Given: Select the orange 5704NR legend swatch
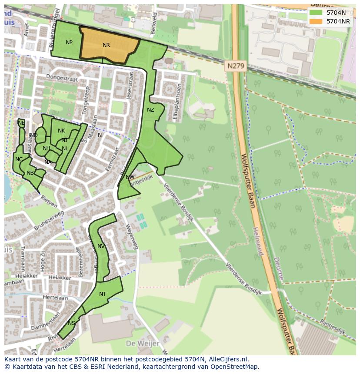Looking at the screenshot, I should (x=316, y=21).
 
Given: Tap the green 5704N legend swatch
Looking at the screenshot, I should (x=316, y=13).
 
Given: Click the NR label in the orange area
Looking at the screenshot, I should (x=106, y=45).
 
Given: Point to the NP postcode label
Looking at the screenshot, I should (x=69, y=43).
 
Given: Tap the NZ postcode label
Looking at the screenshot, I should (x=150, y=110).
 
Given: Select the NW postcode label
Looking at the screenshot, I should (x=130, y=177).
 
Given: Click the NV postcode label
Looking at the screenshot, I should (x=101, y=246).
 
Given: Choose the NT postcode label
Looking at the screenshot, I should (x=103, y=294).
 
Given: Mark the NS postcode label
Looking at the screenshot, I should (x=71, y=323).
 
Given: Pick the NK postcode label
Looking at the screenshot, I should (x=61, y=131).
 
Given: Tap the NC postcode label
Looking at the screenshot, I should (x=19, y=159).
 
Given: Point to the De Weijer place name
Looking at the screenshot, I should (x=141, y=344).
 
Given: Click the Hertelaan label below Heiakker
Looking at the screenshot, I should (x=56, y=298).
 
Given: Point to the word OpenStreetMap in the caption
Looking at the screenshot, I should (x=235, y=367).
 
